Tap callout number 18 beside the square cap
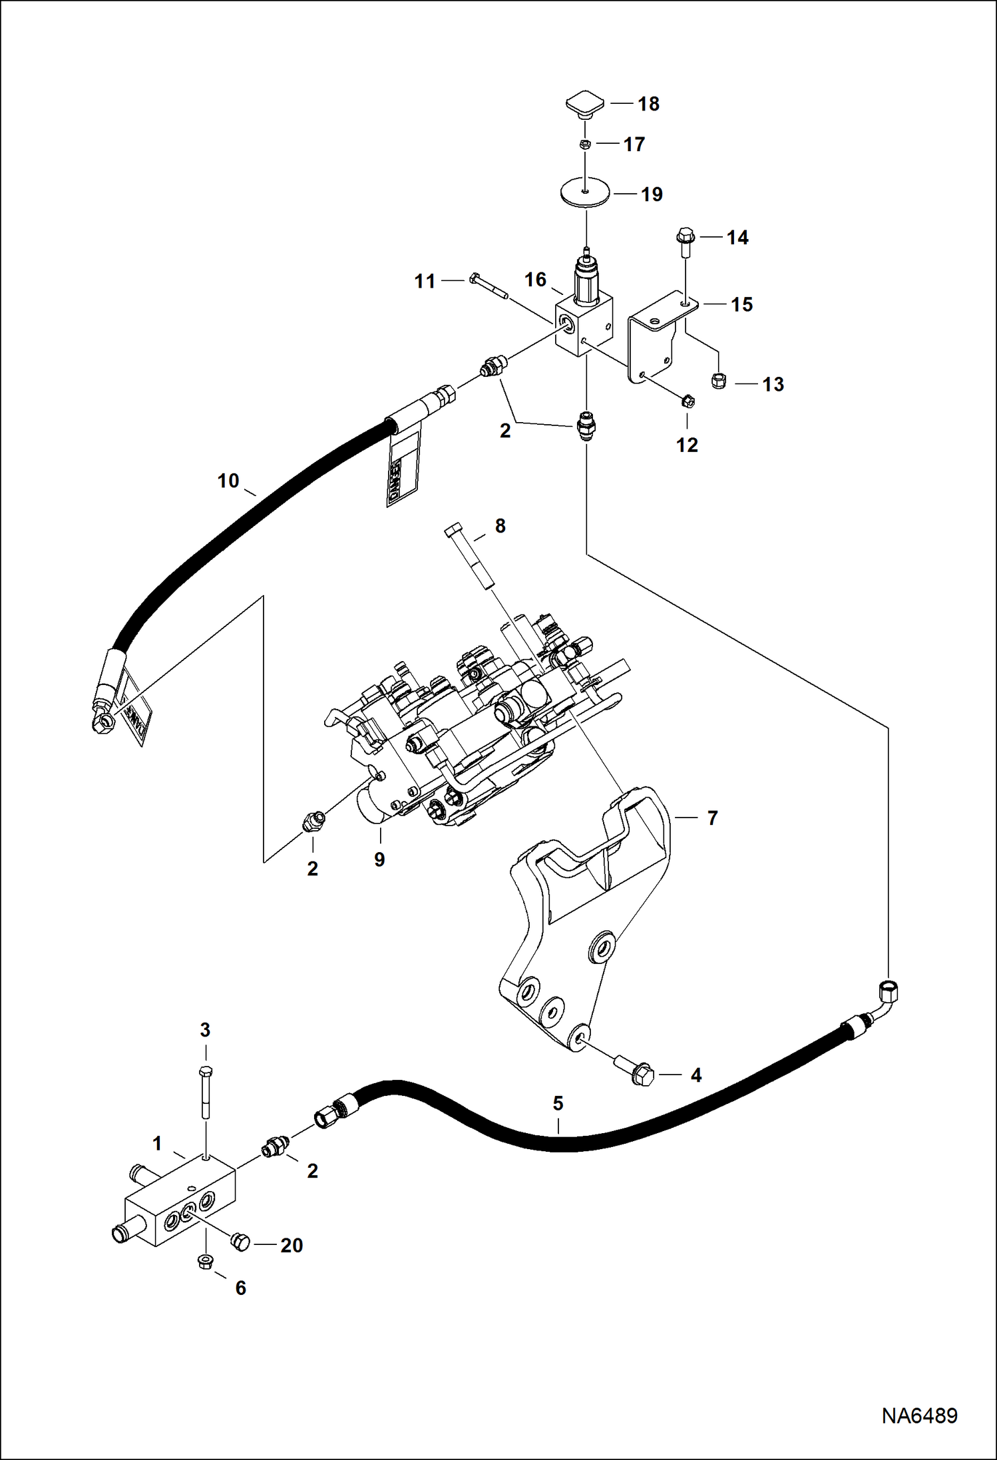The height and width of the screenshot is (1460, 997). pyautogui.click(x=648, y=104)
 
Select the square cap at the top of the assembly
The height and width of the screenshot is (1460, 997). pyautogui.click(x=585, y=104)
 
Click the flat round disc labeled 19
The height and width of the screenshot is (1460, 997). pyautogui.click(x=584, y=194)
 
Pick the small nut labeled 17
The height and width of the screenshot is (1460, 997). pyautogui.click(x=584, y=144)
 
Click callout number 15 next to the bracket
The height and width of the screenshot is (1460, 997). pyautogui.click(x=741, y=304)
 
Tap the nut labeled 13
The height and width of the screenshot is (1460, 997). pyautogui.click(x=719, y=381)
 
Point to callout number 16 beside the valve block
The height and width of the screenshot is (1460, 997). pyautogui.click(x=535, y=280)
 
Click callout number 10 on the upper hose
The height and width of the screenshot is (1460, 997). pyautogui.click(x=228, y=481)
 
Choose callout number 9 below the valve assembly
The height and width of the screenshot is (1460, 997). pyautogui.click(x=379, y=859)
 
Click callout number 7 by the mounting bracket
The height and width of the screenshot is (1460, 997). pyautogui.click(x=712, y=818)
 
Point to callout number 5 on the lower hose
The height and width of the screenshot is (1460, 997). pyautogui.click(x=558, y=1103)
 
